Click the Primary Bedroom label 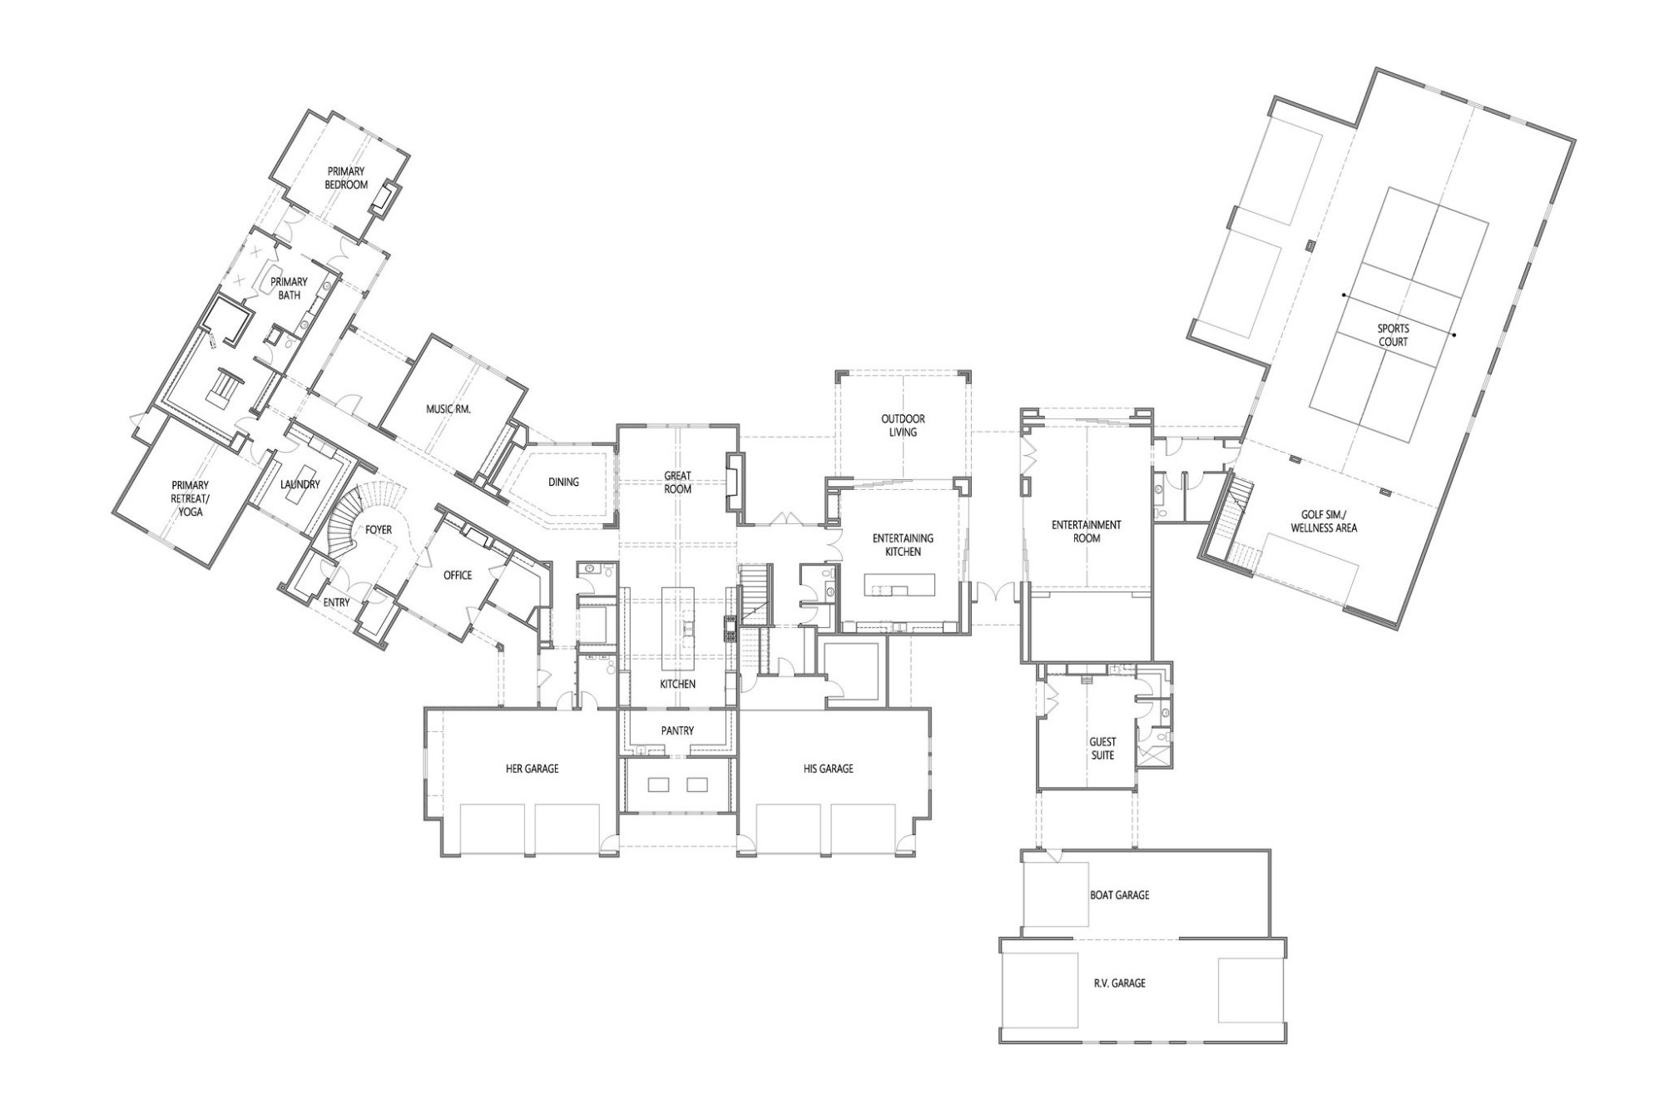pos(346,178)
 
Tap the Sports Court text pos(1393,335)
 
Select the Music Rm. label pos(448,408)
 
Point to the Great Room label pos(677,483)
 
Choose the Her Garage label pos(532,769)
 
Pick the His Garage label pos(828,769)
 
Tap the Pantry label pos(677,730)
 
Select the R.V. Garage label pos(1119,983)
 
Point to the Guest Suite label pos(1102,748)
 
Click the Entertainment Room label pos(1086,531)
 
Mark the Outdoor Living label pos(903,425)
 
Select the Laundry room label pos(300,484)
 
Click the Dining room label pos(563,482)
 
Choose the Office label pos(458,575)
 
